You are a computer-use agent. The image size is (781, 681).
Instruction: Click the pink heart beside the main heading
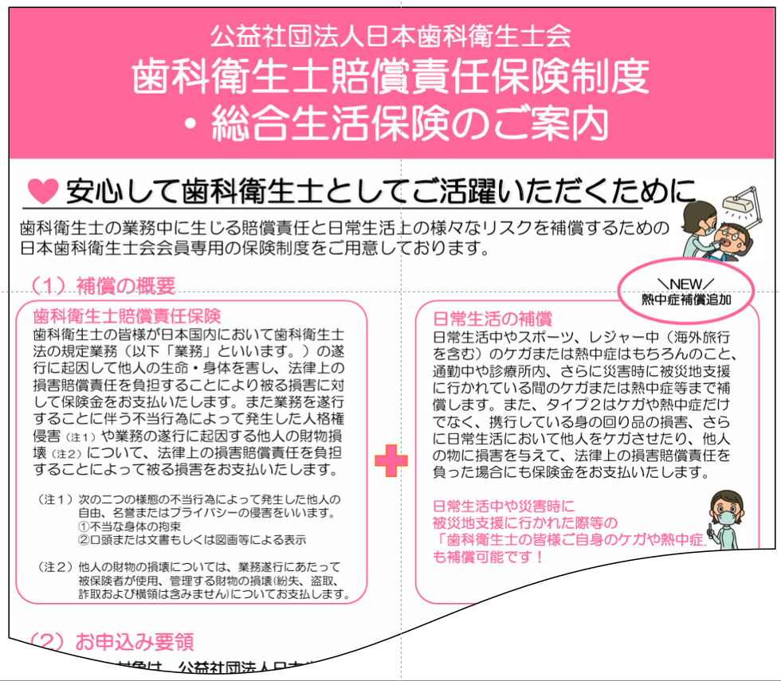coord(43,190)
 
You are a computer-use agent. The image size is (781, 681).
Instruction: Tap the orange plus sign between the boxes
coord(390,461)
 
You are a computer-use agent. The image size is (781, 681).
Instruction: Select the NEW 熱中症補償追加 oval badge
coord(686,292)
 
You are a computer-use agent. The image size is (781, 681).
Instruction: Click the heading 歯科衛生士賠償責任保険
coord(127,316)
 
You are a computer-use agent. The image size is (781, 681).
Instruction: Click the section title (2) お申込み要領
coord(112,641)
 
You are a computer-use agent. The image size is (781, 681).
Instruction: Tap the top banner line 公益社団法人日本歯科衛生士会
coord(390,35)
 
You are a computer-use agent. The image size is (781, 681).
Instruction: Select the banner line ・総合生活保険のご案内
coord(390,123)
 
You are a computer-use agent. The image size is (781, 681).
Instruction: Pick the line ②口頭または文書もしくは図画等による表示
coord(191,540)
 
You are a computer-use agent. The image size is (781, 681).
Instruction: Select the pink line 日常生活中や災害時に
coord(503,506)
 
